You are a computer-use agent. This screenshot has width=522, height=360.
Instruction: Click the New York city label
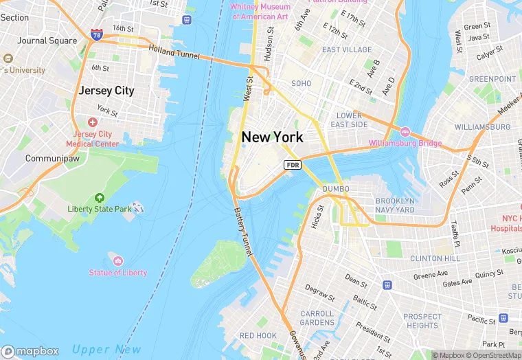[272, 137]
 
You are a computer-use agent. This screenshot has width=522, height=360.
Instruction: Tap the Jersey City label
[106, 91]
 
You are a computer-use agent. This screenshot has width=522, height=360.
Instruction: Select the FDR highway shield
[293, 165]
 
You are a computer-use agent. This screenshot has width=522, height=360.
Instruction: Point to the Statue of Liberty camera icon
[117, 260]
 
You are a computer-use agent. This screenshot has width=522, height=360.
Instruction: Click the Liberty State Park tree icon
[99, 198]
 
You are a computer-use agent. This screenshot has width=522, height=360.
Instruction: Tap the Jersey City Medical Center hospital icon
[92, 122]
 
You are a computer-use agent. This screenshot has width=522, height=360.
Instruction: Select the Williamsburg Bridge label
[405, 144]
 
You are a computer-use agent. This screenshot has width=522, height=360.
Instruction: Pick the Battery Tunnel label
[244, 230]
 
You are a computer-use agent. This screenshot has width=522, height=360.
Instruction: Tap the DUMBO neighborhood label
[335, 189]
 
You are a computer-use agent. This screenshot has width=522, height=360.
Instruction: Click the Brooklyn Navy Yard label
[395, 205]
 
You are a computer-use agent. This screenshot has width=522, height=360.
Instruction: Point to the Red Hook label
[258, 336]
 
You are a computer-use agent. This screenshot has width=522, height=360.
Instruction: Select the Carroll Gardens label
[317, 318]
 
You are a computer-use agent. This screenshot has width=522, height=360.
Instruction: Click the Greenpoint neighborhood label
[492, 79]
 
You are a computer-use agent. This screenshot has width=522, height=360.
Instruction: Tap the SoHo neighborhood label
[301, 84]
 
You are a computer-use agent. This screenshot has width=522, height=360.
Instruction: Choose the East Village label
[347, 50]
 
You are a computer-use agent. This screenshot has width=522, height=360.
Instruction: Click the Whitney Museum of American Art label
[260, 11]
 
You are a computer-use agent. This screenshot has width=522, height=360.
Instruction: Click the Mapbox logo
[30, 351]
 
